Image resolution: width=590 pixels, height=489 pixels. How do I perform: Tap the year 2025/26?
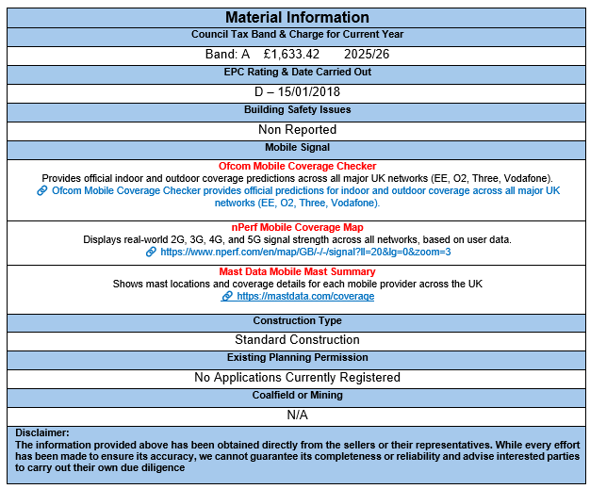[367, 54]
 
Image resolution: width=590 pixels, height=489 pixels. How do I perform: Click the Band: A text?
[227, 54]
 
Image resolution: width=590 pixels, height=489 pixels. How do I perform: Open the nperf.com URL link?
[305, 252]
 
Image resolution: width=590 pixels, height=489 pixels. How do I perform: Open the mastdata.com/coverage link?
[305, 296]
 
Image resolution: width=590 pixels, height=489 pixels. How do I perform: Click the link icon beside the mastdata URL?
[227, 296]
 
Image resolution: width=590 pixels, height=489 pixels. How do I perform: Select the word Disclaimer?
[41, 432]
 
